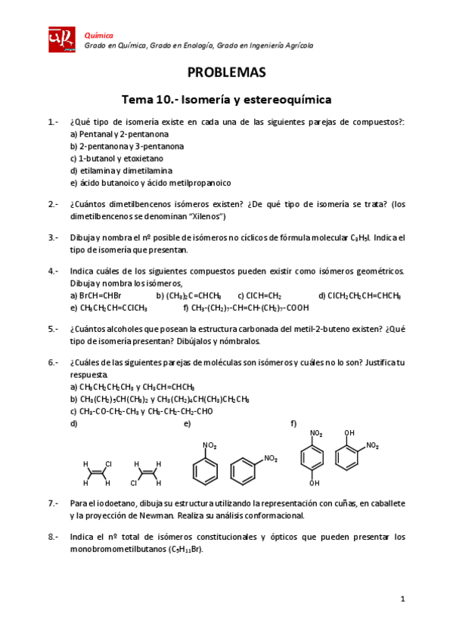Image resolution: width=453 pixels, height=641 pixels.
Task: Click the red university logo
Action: tap(61, 39)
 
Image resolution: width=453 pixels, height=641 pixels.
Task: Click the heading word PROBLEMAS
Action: tap(227, 73)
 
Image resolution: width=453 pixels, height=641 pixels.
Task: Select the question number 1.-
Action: tap(53, 122)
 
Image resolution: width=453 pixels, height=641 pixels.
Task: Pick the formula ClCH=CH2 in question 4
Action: tap(263, 296)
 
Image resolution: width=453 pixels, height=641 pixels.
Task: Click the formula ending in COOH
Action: tap(250, 308)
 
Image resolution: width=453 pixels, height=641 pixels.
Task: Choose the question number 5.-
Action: tap(53, 329)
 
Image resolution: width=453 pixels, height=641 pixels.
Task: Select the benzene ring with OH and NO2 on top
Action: tap(349, 458)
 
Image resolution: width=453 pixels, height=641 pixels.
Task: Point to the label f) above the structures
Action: tap(293, 423)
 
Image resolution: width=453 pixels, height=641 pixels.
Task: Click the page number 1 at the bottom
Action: tap(403, 599)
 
